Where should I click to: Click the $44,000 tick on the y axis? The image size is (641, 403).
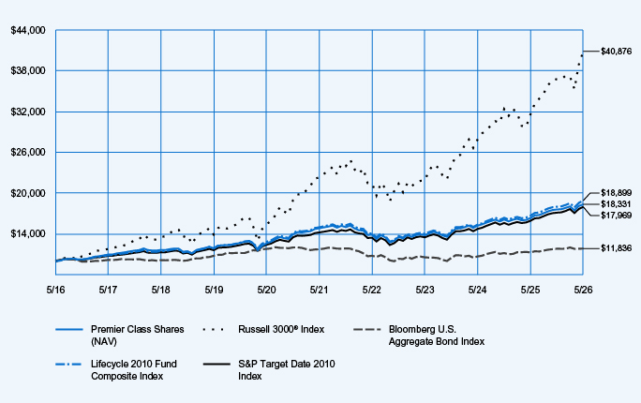tap(28, 31)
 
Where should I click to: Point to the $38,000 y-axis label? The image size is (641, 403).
tap(28, 71)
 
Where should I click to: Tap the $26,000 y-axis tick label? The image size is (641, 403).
tap(28, 153)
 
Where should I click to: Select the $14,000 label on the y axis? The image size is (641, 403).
tap(28, 233)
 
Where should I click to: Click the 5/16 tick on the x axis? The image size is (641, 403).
tap(55, 290)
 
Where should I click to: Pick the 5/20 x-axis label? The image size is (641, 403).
tap(266, 290)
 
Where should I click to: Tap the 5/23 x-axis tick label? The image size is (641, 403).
tap(425, 290)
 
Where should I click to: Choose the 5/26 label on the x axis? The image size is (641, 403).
tap(583, 290)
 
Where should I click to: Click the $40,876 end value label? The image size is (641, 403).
tap(616, 52)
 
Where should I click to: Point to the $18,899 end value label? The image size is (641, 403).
tap(616, 193)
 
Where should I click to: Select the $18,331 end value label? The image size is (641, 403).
tap(616, 204)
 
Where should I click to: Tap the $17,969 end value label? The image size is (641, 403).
tap(616, 215)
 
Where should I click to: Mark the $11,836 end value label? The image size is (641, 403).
tap(616, 248)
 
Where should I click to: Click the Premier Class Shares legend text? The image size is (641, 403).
tap(138, 336)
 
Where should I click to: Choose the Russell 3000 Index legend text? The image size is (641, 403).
tap(281, 330)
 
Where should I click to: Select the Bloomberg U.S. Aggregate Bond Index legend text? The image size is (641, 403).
tap(437, 336)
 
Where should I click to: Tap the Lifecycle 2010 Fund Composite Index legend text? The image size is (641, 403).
tap(134, 370)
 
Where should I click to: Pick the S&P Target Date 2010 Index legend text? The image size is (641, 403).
tap(287, 370)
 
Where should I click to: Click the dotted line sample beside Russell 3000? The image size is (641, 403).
tap(214, 329)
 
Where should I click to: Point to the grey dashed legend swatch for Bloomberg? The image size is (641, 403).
tap(367, 329)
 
